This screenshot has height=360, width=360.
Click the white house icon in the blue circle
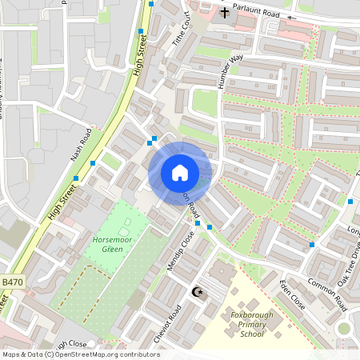point(180,173)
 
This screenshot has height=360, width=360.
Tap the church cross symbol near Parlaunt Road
point(225,13)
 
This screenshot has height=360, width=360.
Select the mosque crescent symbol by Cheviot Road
point(198,294)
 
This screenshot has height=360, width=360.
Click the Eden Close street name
point(292,294)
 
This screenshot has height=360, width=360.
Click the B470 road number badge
point(12,283)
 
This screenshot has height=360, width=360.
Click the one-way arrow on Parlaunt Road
point(291,17)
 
